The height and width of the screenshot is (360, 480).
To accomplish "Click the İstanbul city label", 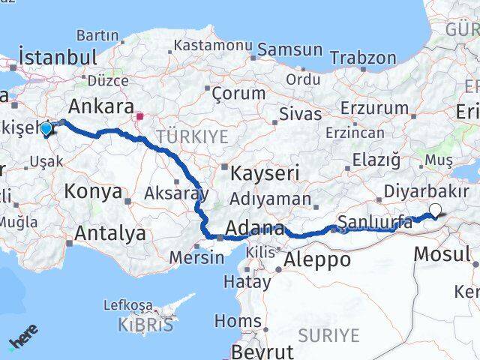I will pyautogui.click(x=58, y=58).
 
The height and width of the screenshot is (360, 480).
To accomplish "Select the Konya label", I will pyautogui.click(x=92, y=191).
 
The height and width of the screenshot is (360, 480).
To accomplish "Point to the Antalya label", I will pyautogui.click(x=111, y=234).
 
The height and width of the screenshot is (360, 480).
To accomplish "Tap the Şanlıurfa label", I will pyautogui.click(x=375, y=221).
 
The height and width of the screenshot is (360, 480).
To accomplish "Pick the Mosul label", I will pyautogui.click(x=442, y=253).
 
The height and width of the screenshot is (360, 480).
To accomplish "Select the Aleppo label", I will pyautogui.click(x=317, y=260).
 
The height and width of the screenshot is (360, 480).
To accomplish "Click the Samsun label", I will pyautogui.click(x=290, y=49).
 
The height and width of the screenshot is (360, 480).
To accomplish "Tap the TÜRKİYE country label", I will pyautogui.click(x=191, y=136).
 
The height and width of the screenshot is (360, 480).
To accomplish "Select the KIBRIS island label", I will pyautogui.click(x=145, y=325).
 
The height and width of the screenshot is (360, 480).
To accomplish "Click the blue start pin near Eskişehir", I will pyautogui.click(x=46, y=129).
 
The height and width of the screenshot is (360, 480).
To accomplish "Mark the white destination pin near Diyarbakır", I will pyautogui.click(x=436, y=211).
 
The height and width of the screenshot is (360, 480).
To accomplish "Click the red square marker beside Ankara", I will pyautogui.click(x=139, y=117).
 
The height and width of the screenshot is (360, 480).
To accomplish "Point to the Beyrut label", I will pyautogui.click(x=262, y=351).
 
